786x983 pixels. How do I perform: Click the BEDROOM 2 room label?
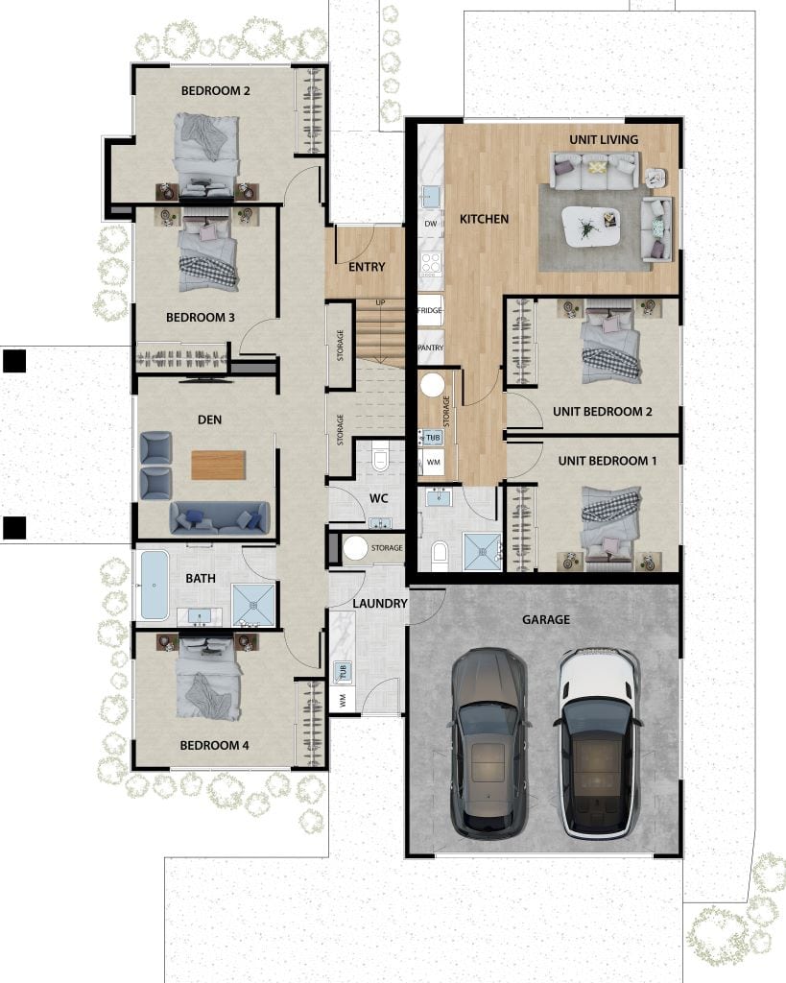click(x=216, y=91)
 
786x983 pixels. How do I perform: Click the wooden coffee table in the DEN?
click(x=219, y=465)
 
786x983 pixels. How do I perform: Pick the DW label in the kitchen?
click(x=429, y=223)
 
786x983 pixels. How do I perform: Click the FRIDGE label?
click(x=429, y=311)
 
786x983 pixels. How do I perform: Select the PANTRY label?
click(x=429, y=348)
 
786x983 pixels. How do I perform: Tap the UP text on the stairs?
click(x=380, y=302)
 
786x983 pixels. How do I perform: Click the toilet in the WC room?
click(x=381, y=457)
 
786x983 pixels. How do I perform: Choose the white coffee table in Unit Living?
click(x=590, y=226)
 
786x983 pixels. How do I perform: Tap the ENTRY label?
click(x=367, y=267)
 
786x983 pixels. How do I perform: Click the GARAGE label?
click(x=546, y=619)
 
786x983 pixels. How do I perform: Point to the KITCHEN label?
click(x=484, y=219)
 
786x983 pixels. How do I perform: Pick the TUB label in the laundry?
click(x=342, y=670)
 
